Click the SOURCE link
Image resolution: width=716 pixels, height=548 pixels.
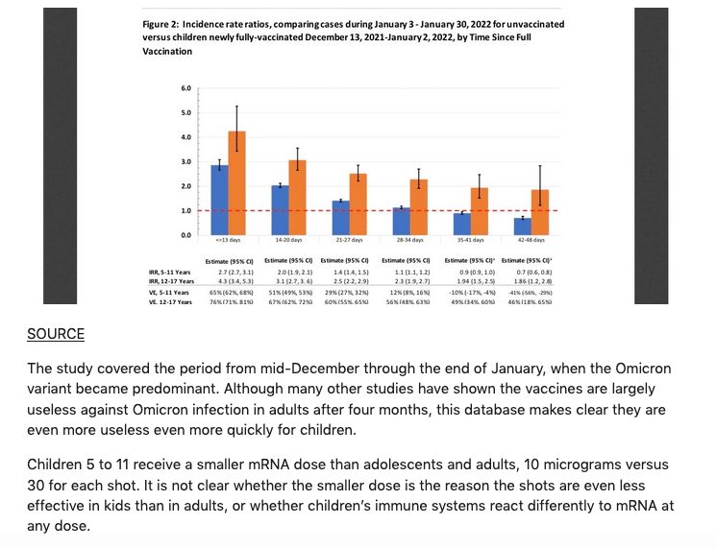coord(56,334)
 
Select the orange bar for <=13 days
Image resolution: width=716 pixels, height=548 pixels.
coord(236,182)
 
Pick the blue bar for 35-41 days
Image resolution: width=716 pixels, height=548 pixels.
coord(462,223)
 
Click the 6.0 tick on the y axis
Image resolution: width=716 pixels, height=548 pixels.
coord(185,88)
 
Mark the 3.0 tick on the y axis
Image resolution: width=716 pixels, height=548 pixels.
coord(185,161)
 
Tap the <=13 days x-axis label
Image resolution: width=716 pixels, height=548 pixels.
coord(228,240)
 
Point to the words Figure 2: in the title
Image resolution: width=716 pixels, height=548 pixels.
coord(148,23)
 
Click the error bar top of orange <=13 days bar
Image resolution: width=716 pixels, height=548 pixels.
coord(236,106)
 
